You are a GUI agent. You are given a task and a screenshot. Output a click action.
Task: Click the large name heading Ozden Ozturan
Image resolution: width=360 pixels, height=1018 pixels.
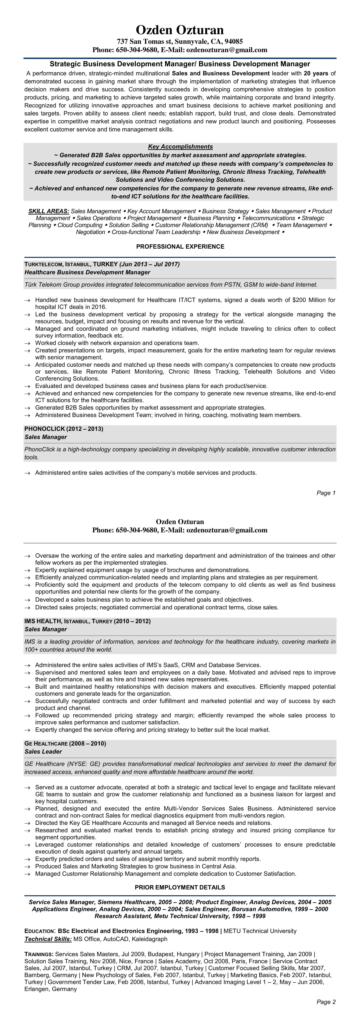coord(180,30)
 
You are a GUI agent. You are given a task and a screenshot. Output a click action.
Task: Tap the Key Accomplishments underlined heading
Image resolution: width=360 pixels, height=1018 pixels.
coord(180,147)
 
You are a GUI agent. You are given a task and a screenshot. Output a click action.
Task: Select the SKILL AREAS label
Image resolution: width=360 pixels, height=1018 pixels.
coord(49,211)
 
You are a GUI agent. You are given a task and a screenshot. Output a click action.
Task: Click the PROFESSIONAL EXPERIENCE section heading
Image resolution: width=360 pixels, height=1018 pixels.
coord(180,247)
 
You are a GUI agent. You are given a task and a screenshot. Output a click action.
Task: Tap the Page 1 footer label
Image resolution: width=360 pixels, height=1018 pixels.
coord(326,493)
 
